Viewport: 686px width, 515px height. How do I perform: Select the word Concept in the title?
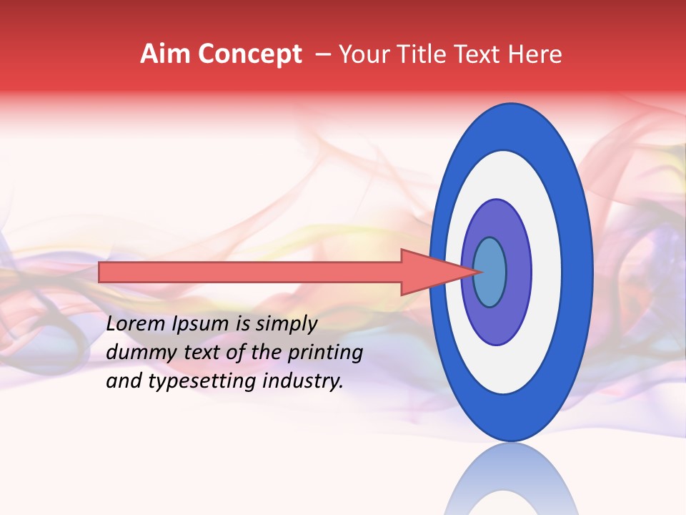tap(249, 54)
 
